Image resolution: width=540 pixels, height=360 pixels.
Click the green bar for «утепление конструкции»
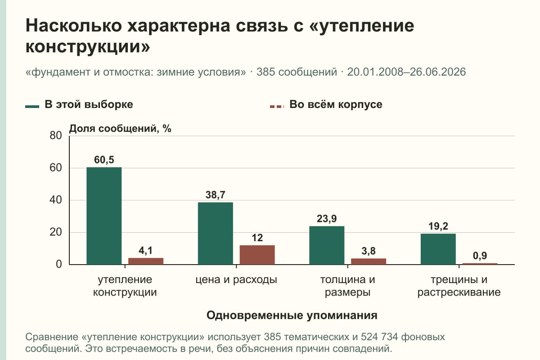tap(104, 216)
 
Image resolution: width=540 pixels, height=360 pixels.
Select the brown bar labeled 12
tap(257, 255)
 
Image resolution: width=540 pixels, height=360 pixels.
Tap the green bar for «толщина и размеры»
tap(327, 245)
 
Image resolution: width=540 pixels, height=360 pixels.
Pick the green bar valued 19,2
tap(438, 249)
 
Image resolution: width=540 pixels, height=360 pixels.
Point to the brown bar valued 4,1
tap(146, 261)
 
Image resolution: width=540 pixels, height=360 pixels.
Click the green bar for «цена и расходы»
tap(216, 234)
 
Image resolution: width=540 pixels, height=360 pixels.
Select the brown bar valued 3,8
tap(369, 261)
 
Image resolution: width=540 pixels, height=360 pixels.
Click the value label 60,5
tap(104, 160)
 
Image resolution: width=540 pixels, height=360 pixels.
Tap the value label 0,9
tap(480, 256)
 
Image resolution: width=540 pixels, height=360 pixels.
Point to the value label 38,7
tap(216, 195)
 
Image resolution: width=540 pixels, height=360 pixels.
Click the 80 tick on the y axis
tap(56, 135)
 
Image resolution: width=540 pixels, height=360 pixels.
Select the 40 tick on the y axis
tap(56, 200)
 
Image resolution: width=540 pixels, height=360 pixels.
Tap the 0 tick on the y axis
tap(59, 264)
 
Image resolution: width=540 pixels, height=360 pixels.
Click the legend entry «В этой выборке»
tap(79, 105)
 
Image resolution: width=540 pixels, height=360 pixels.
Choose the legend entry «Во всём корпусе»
tap(326, 105)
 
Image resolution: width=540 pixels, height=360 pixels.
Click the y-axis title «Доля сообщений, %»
tap(120, 129)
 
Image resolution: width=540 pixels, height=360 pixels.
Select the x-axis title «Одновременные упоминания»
tap(292, 315)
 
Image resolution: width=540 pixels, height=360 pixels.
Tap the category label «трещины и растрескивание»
tap(459, 286)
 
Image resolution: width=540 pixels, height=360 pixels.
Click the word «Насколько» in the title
tap(74, 26)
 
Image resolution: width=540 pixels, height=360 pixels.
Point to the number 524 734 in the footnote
tap(379, 337)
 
